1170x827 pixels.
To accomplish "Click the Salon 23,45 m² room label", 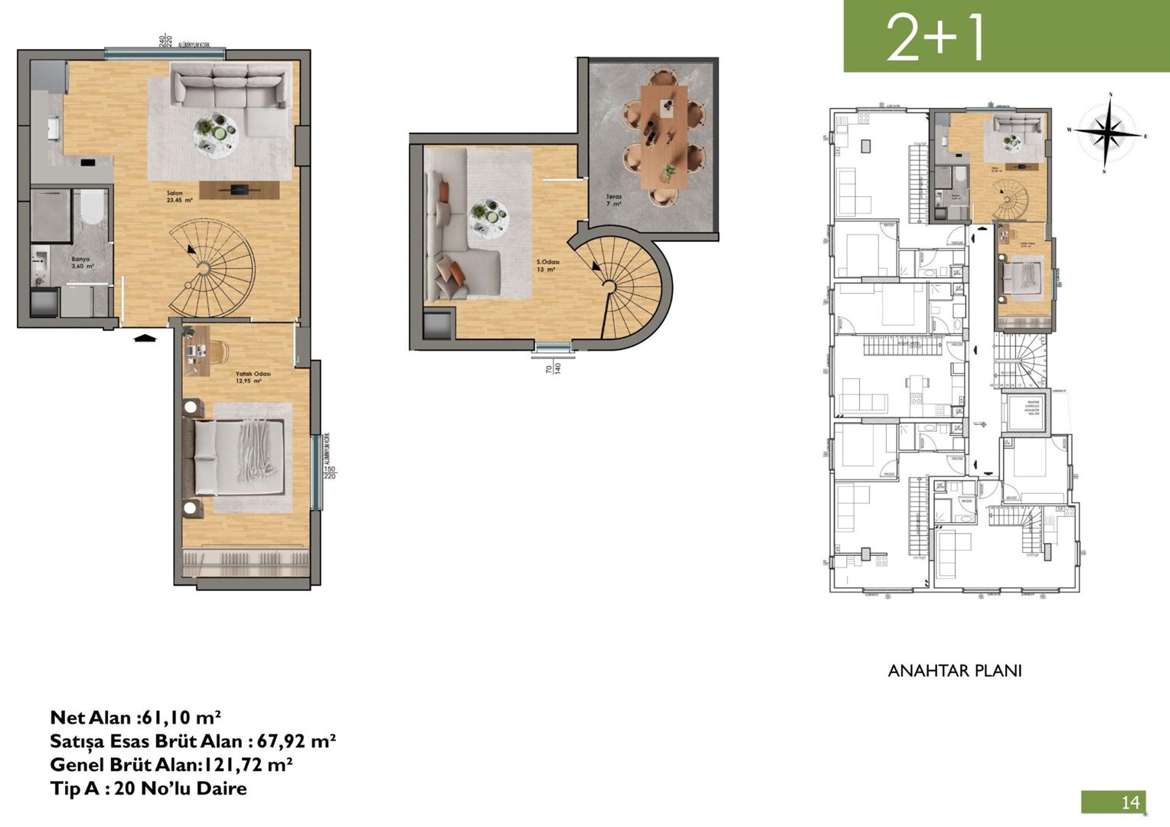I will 179,197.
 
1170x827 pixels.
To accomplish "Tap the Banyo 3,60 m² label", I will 81,263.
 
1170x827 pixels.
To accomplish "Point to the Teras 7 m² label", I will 613,201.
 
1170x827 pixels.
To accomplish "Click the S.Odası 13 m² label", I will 547,266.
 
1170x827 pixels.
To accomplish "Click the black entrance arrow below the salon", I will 144,336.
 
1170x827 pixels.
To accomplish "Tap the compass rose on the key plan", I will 1107,132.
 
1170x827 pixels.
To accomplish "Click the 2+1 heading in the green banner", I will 935,38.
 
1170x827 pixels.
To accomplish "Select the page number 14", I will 1129,802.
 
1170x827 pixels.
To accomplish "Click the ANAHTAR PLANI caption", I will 954,671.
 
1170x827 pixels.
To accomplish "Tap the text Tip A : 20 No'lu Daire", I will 149,788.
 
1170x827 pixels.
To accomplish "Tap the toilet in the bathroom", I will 92,206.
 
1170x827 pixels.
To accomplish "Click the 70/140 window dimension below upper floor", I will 553,368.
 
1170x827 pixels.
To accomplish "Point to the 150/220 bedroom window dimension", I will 330,472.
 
